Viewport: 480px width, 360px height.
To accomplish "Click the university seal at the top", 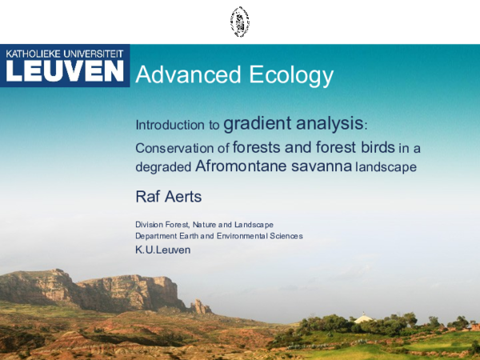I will point(239,22).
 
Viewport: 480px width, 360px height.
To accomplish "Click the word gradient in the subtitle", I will point(255,124).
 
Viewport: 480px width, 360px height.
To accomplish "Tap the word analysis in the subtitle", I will point(326,124).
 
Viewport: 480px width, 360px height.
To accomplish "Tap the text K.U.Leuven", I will point(163,250).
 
